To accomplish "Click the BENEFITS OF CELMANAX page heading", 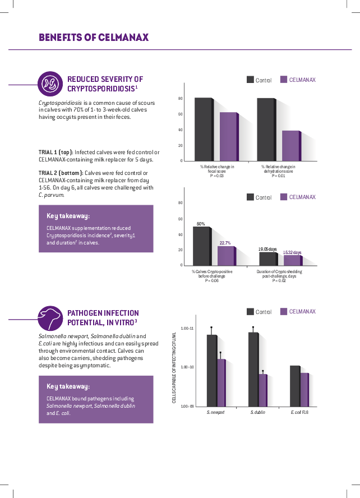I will point(94,38).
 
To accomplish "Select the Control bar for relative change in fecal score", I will point(203,130).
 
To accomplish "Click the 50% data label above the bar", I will point(201,224).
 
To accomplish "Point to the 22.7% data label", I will point(225,243).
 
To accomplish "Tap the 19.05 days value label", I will point(267,248).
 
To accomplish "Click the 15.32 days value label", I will point(292,252).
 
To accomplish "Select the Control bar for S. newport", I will point(211,370).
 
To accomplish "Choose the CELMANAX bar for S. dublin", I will point(262,390).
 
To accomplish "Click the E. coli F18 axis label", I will point(300,413).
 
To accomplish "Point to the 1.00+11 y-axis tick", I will point(187,328).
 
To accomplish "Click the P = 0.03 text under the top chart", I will point(217,176).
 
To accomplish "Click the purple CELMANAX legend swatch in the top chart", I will point(284,80).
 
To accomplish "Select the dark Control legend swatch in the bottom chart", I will point(250,312).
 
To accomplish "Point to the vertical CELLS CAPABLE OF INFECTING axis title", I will point(174,367).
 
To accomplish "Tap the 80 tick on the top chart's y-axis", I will point(180,99).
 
